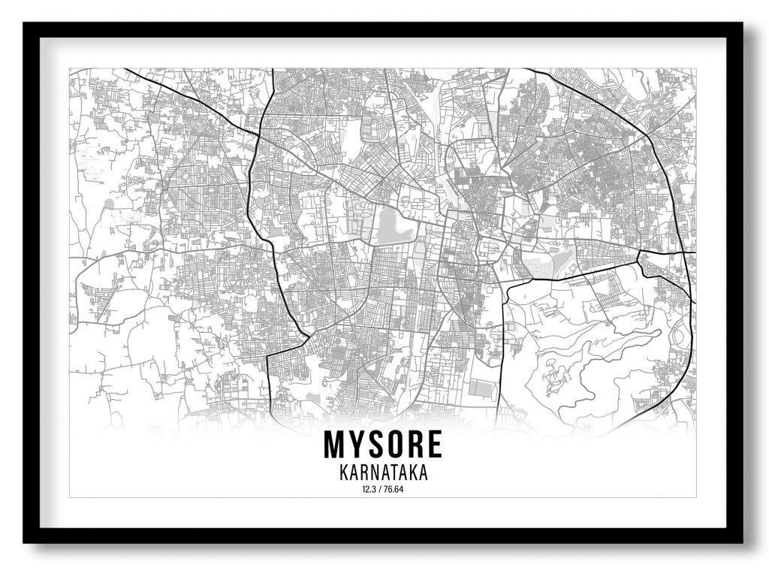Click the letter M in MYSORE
(333, 445)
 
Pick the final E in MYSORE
(433, 445)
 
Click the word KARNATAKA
(383, 474)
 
